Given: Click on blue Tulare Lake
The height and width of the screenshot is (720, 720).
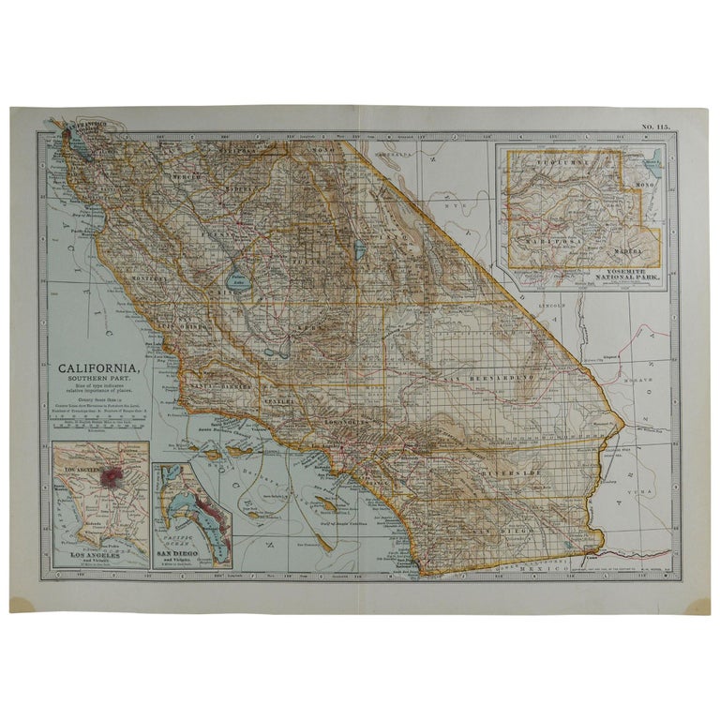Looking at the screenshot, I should (x=235, y=279).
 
